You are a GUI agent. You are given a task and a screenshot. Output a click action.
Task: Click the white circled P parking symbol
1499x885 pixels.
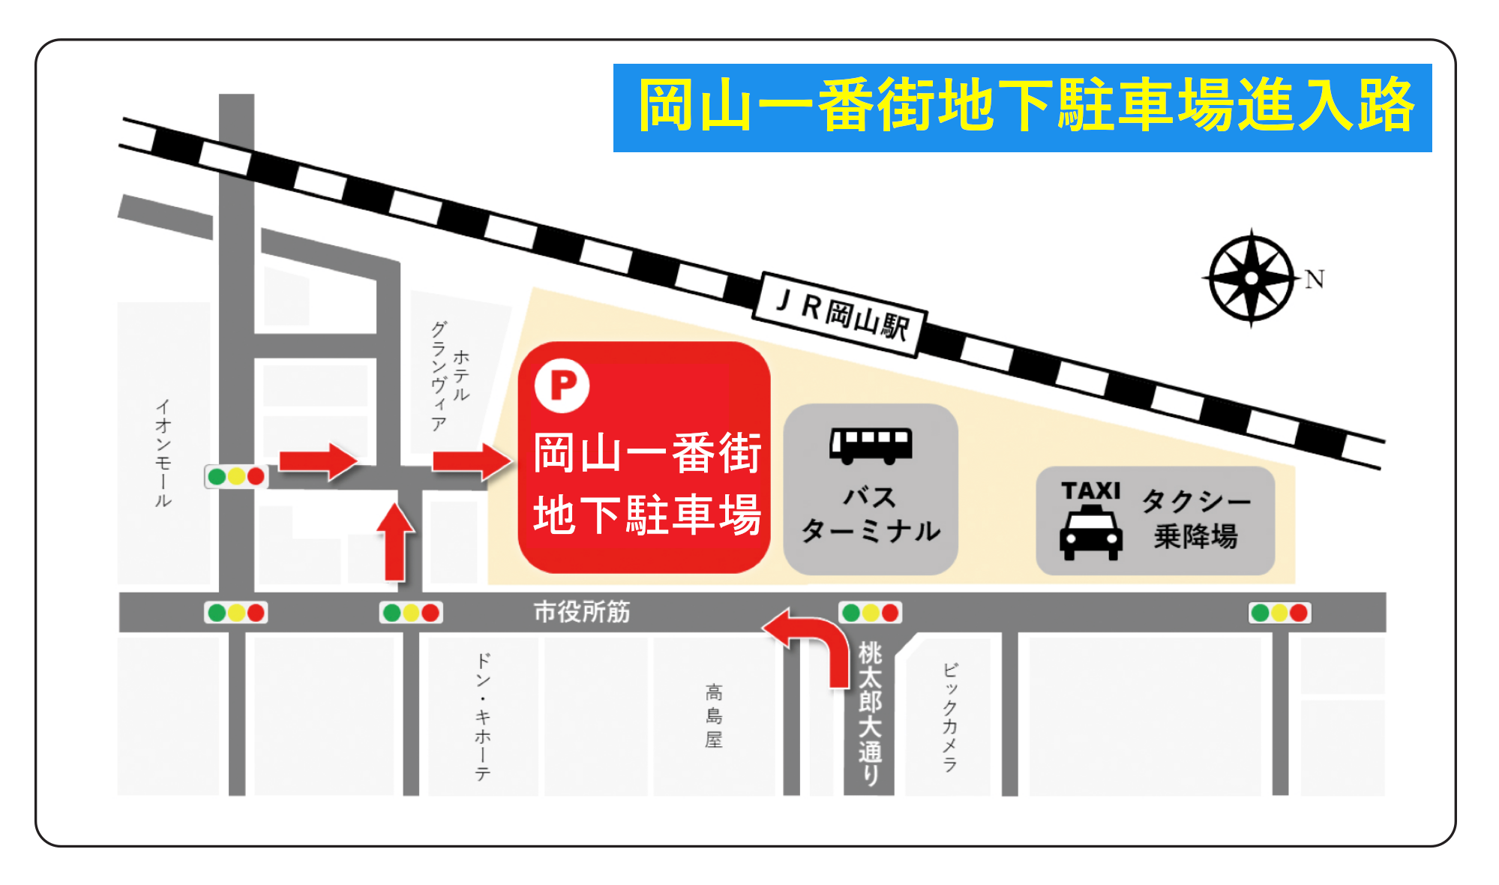point(562,385)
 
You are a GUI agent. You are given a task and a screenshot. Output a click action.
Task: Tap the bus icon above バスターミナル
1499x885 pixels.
point(871,445)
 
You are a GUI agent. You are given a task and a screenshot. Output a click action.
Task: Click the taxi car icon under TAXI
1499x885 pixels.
point(1091,532)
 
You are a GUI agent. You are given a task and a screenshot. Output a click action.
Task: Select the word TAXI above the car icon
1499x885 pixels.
point(1091,491)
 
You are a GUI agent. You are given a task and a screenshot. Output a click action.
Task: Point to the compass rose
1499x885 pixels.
point(1251,278)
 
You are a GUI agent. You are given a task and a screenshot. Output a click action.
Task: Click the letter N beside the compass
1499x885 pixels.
point(1314,280)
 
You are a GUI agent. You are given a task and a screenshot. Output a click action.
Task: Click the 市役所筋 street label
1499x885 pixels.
point(582,612)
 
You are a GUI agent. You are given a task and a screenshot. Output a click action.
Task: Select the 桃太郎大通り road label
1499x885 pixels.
point(870,712)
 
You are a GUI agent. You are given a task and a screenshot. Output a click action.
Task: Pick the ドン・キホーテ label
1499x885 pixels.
point(483,716)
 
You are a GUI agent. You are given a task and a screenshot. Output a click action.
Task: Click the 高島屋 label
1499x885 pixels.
point(714,715)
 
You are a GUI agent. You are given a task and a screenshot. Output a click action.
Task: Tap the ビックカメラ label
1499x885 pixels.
point(950,717)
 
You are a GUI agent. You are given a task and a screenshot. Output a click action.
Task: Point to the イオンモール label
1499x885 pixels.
point(163,453)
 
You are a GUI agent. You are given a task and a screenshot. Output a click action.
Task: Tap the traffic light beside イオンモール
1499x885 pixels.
point(236,476)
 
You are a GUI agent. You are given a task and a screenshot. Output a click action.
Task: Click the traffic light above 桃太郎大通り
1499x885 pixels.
point(870,613)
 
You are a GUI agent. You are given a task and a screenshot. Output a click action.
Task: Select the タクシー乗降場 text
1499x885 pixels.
point(1196,518)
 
